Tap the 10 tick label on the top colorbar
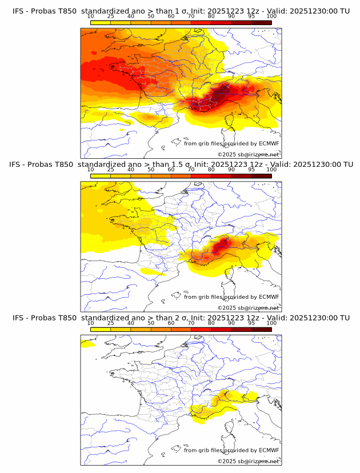pos(91,16)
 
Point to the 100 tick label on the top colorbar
pos(271,16)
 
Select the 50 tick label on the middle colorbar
pos(151,170)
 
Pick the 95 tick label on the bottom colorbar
pos(251,323)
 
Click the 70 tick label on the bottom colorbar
pos(191,323)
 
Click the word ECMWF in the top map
pos(269,143)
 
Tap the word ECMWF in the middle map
pos(269,296)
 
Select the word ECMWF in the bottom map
pos(269,450)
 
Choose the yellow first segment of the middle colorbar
pos(101,176)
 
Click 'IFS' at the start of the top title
pos(18,11)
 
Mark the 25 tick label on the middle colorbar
pos(111,170)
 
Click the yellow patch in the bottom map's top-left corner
pos(87,344)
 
